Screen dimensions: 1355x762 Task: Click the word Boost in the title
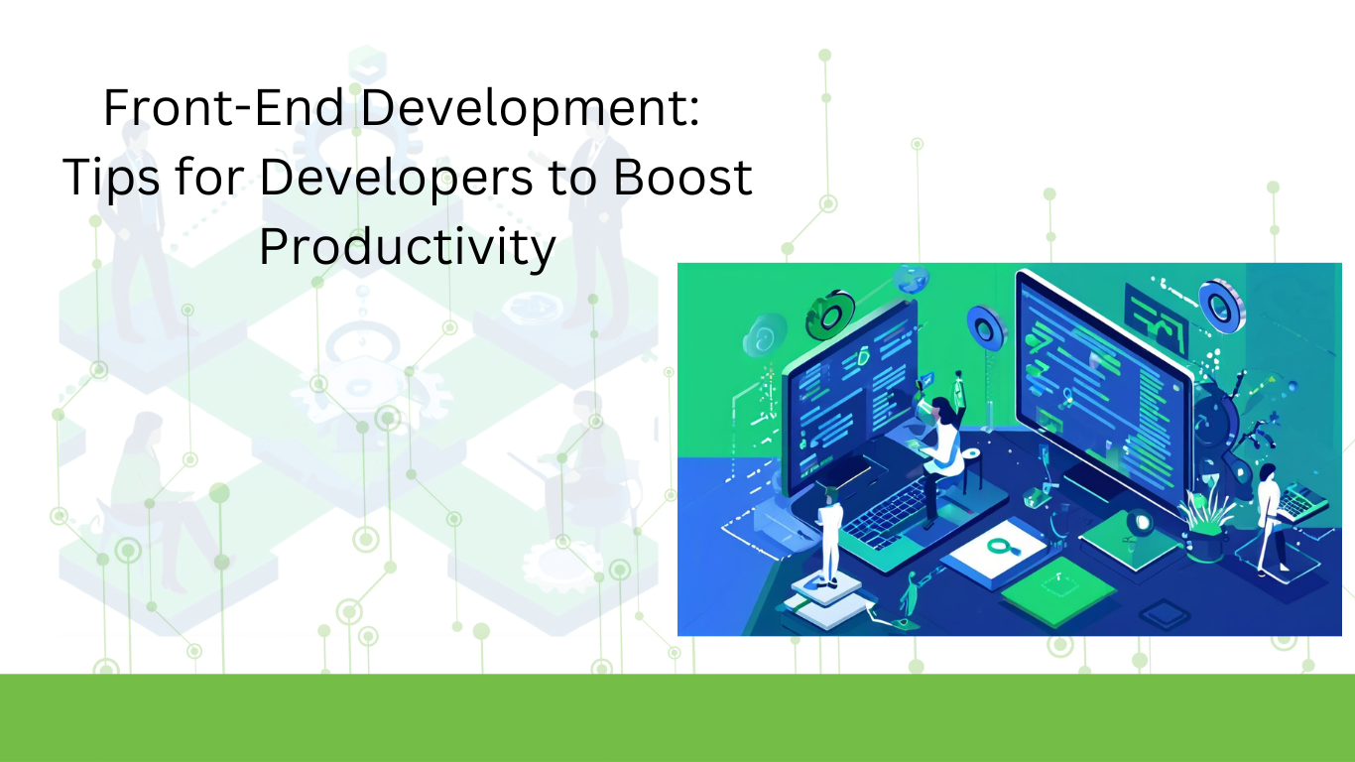(682, 177)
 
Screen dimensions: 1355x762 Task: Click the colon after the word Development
(693, 112)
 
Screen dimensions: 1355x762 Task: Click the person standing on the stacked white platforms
(828, 533)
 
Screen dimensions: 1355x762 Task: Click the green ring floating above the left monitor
(829, 315)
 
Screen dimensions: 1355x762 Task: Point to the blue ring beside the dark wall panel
(1222, 307)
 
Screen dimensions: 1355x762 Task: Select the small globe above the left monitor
(911, 280)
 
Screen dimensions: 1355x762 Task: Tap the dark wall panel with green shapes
(1156, 318)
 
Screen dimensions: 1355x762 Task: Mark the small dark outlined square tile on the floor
(1165, 615)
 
